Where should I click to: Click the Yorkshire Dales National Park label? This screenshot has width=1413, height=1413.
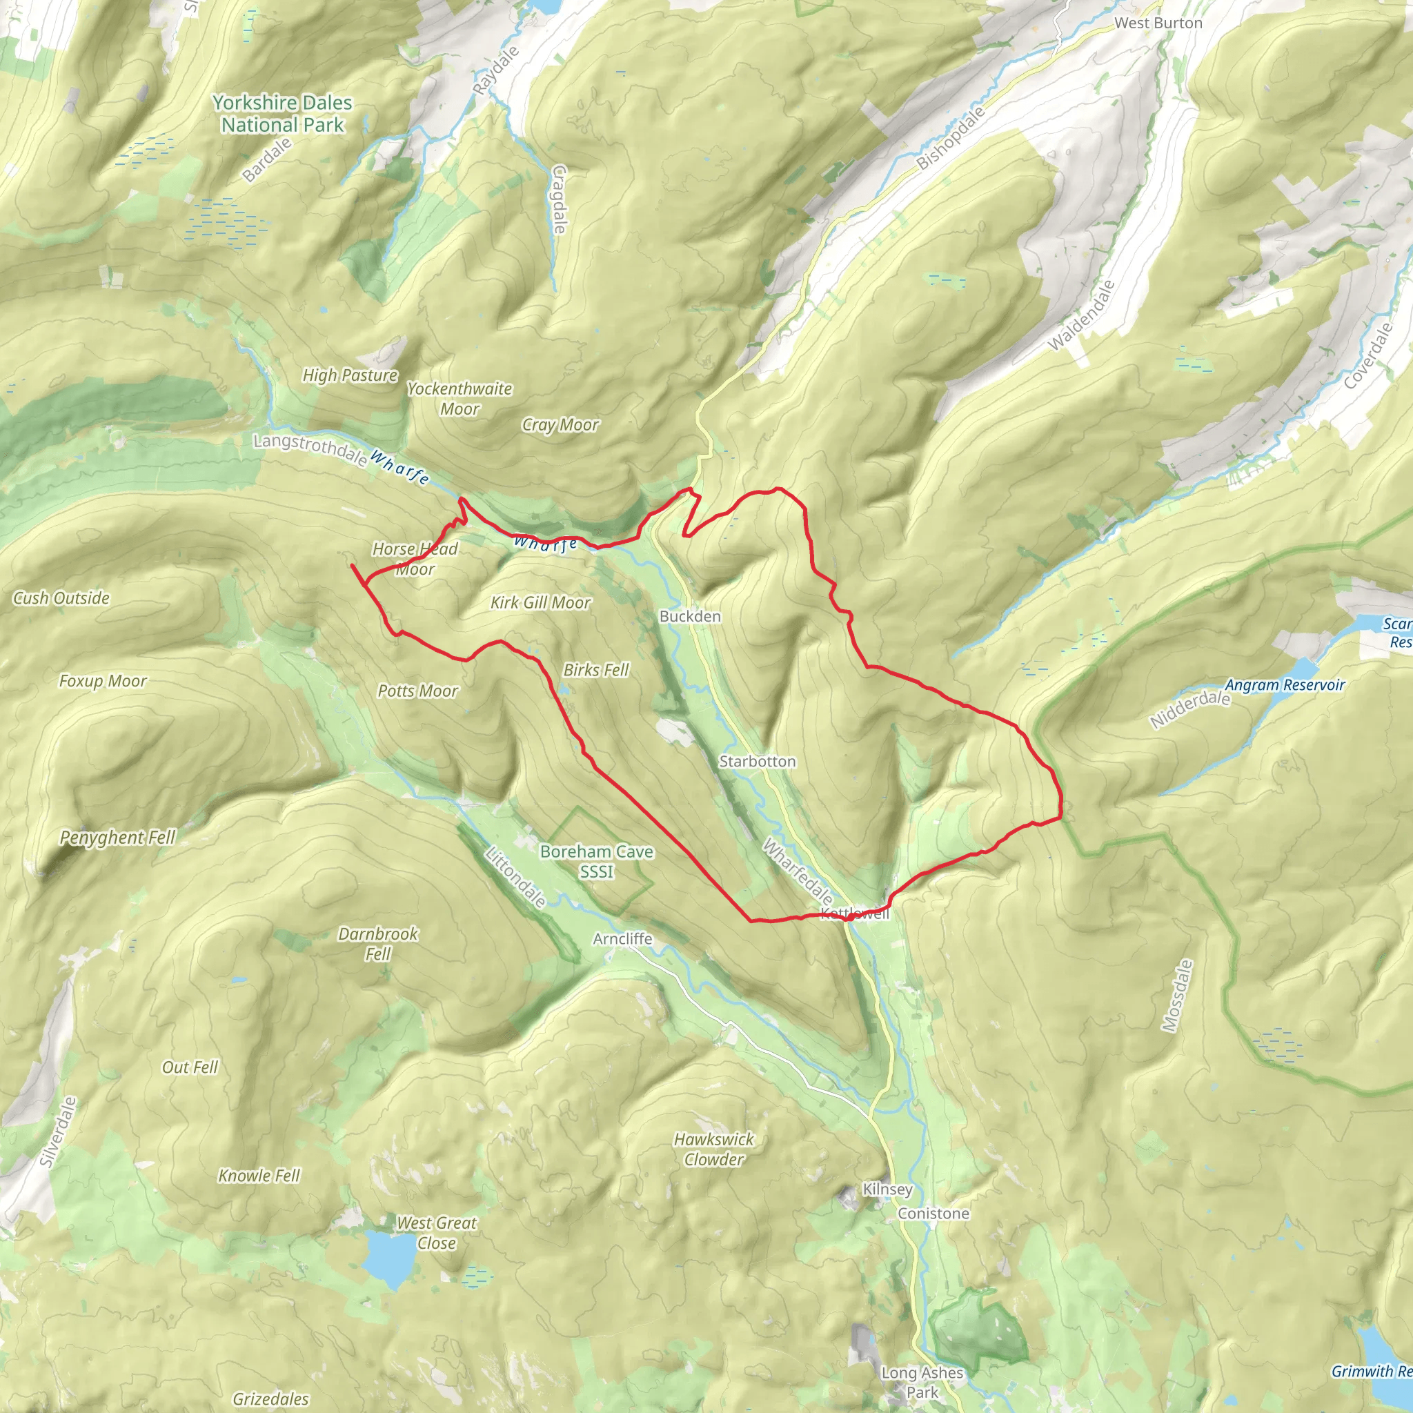(x=282, y=114)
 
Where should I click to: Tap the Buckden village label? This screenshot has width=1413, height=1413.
(x=690, y=617)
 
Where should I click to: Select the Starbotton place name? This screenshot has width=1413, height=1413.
(x=757, y=762)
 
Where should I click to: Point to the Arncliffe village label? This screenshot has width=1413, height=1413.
(x=622, y=938)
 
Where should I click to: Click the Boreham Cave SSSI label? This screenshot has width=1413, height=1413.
(x=597, y=862)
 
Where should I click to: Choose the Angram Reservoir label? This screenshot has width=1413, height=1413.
(x=1284, y=685)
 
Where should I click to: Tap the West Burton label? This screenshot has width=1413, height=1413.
(x=1158, y=23)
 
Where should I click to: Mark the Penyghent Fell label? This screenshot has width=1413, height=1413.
(x=118, y=838)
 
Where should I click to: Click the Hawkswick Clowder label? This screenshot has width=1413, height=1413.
(x=714, y=1149)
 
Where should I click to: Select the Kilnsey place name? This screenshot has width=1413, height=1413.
(x=887, y=1189)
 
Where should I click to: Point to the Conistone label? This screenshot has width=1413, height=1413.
(x=933, y=1214)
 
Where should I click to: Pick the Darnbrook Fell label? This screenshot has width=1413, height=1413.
(x=378, y=943)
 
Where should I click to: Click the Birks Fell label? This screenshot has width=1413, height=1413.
(x=596, y=670)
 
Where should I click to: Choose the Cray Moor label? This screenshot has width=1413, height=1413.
(x=560, y=425)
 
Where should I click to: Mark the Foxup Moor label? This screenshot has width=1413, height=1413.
(x=103, y=681)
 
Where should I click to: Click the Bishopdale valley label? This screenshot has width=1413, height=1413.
(x=951, y=138)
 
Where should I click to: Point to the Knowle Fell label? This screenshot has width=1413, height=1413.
(x=259, y=1175)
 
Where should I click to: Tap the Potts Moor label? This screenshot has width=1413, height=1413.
(x=417, y=691)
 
